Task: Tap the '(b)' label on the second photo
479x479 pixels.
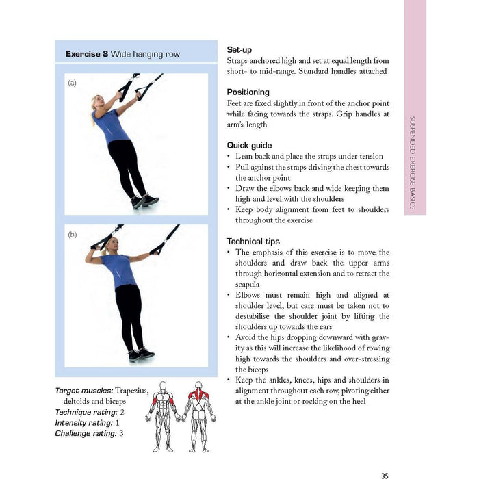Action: click(73, 235)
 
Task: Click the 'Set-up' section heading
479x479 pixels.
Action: click(239, 50)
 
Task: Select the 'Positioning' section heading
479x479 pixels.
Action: click(248, 92)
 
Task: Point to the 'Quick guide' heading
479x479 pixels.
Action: click(249, 146)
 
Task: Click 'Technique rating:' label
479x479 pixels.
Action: click(86, 412)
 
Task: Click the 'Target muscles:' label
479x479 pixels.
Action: click(83, 391)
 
